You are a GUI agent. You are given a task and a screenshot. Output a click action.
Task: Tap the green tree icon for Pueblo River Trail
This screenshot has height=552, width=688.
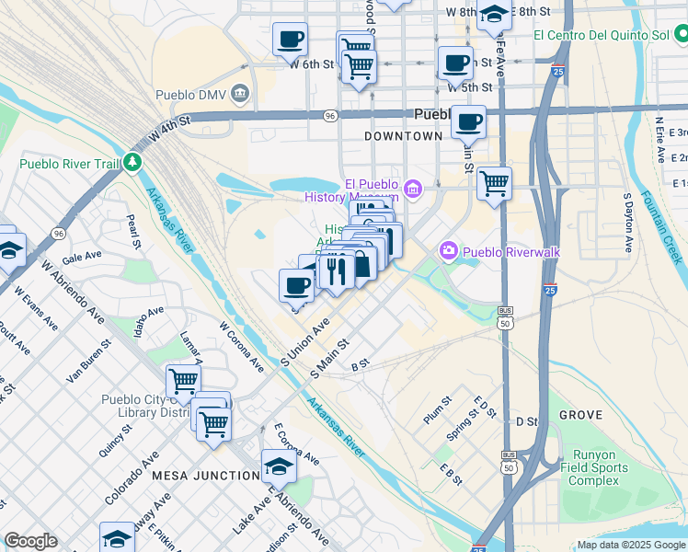point(133,163)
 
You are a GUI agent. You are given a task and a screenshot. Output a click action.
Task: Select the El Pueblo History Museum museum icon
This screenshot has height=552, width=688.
point(413,190)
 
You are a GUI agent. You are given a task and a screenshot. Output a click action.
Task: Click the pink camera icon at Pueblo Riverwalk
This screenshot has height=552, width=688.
point(449,250)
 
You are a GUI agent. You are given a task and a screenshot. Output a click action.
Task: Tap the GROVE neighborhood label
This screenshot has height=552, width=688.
point(580,415)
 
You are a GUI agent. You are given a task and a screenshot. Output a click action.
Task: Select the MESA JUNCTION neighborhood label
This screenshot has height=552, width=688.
point(205,475)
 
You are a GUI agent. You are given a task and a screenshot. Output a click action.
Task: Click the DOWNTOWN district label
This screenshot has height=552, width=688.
point(403,136)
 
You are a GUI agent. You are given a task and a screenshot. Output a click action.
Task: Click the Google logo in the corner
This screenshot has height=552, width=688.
point(31,541)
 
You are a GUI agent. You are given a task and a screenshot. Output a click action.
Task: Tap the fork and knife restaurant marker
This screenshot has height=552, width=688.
point(336,270)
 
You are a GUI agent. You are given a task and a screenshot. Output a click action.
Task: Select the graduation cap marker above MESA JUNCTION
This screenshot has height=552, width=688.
point(279,467)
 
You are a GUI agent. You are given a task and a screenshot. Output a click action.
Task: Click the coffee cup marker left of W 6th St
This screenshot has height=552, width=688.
point(290,40)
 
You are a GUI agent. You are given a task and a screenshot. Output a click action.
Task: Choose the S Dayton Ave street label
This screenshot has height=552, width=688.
point(628,223)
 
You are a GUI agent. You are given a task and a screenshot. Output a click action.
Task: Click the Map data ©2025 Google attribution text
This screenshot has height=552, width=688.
point(630,545)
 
